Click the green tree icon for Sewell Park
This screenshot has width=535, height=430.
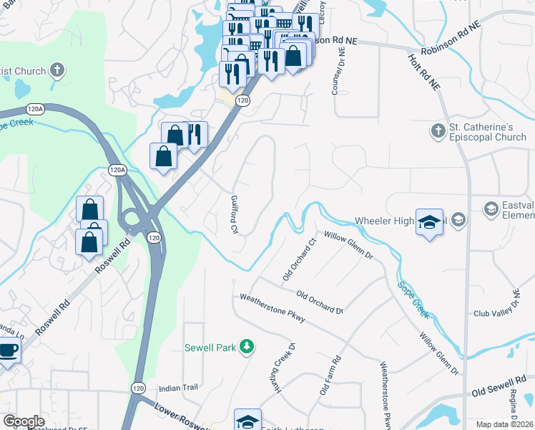pyautogui.click(x=247, y=348)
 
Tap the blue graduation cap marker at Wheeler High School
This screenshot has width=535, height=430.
pyautogui.click(x=429, y=223)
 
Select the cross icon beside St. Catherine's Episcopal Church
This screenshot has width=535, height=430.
pyautogui.click(x=438, y=131)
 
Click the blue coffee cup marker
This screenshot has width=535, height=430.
pyautogui.click(x=8, y=350)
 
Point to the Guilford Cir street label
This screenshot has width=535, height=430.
pyautogui.click(x=234, y=215)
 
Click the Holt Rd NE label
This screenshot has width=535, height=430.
pyautogui.click(x=423, y=72)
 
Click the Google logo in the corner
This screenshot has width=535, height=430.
pyautogui.click(x=24, y=421)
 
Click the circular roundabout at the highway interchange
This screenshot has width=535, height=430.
pyautogui.click(x=131, y=217)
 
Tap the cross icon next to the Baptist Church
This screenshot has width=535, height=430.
pyautogui.click(x=57, y=70)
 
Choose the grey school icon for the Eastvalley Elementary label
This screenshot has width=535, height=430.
pyautogui.click(x=491, y=209)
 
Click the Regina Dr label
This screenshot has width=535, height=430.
pyautogui.click(x=514, y=406)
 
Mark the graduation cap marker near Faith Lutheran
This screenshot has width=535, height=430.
pyautogui.click(x=247, y=421)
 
